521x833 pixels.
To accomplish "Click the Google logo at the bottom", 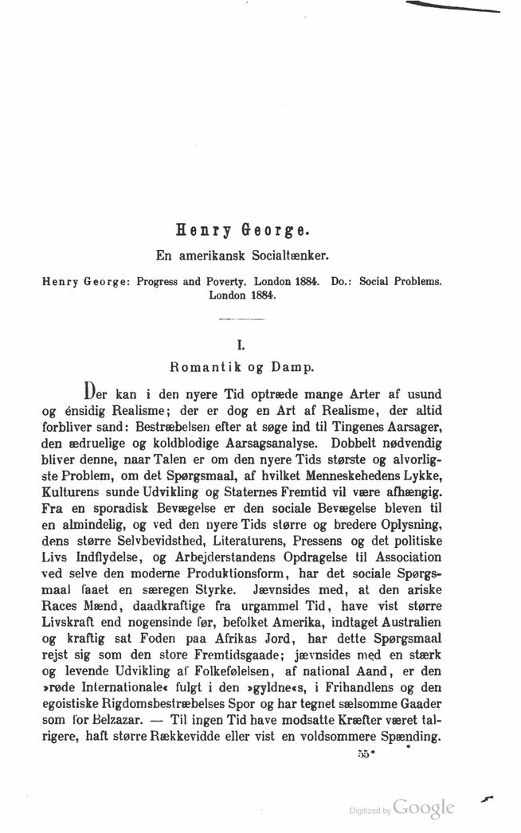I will coord(424,808).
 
